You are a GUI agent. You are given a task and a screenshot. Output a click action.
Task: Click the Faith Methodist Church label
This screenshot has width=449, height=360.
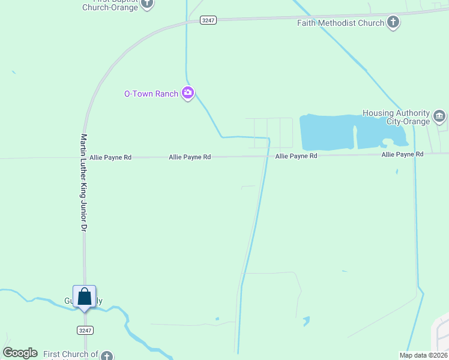(340, 23)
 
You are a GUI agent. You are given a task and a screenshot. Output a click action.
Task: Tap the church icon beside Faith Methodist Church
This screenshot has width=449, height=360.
(393, 23)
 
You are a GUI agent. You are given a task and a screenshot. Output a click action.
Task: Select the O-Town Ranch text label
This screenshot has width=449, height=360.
(151, 94)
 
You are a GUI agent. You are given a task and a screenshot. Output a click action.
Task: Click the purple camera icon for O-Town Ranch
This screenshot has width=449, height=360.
(188, 93)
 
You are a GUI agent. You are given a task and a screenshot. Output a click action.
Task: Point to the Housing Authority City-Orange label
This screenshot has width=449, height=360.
(396, 117)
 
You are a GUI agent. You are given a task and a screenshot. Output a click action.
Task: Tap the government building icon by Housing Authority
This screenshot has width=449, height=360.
(439, 116)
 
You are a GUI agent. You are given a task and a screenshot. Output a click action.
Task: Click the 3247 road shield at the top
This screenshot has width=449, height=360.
(208, 20)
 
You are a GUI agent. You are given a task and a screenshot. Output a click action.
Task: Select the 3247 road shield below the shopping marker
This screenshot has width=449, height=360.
(85, 330)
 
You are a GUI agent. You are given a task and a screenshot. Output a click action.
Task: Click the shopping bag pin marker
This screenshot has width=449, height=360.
(85, 297)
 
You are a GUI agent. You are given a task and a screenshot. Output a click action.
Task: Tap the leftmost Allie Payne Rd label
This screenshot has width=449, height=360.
(110, 157)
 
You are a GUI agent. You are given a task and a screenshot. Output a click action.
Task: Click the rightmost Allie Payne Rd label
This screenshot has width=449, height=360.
(402, 154)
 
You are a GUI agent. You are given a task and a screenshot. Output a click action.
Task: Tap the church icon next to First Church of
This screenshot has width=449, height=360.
(107, 356)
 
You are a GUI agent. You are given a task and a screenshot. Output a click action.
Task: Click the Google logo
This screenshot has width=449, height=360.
(20, 353)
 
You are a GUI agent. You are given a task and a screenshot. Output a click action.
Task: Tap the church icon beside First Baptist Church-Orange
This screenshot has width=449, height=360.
(148, 4)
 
